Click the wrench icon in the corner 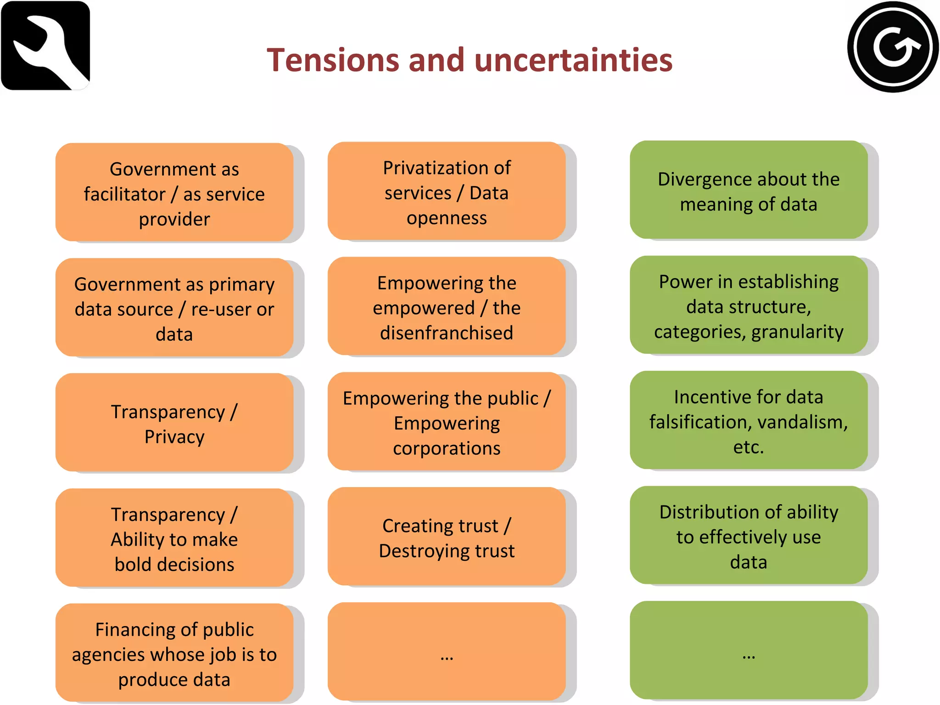point(45,45)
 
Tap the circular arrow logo point(892,47)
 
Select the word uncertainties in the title point(573,60)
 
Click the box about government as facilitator point(174,192)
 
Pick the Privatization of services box point(447,191)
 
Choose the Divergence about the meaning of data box point(749,190)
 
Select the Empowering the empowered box point(447,307)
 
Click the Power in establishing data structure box point(749,305)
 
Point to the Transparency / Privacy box point(174,423)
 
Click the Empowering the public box point(447,422)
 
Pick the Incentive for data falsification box point(749,420)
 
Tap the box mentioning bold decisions point(174,538)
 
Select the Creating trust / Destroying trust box point(447,537)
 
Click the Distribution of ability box point(749,536)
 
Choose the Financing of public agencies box point(174,653)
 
